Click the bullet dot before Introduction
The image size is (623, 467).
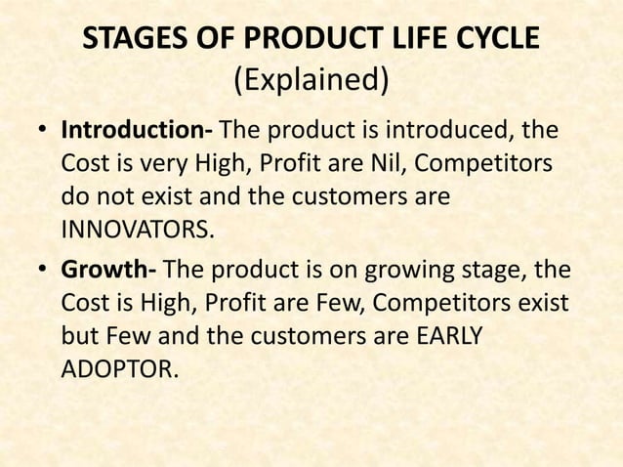point(43,131)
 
